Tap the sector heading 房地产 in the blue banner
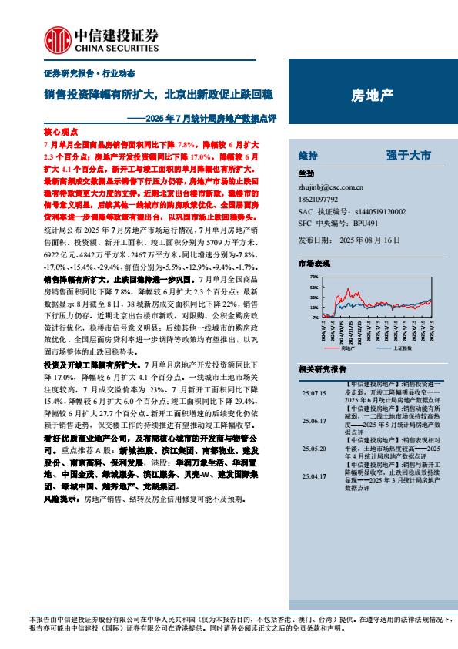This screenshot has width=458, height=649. pos(373,96)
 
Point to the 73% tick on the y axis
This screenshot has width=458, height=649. pos(313,276)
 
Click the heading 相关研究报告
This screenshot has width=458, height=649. pos(322,368)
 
